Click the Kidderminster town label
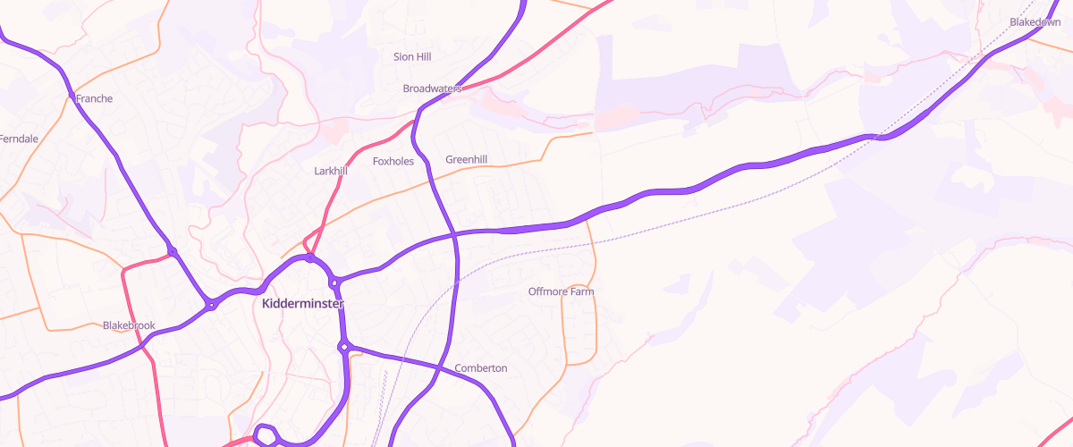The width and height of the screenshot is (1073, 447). [x=302, y=304]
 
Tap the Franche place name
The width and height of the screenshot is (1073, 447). [x=95, y=98]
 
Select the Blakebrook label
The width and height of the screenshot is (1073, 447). [x=129, y=325]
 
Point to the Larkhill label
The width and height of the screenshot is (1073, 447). [x=331, y=171]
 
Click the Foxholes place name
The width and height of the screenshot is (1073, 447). [x=393, y=162]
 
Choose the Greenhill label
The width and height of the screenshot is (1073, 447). [x=467, y=160]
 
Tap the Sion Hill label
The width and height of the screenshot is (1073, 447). [x=412, y=57]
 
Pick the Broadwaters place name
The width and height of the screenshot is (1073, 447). [x=432, y=89]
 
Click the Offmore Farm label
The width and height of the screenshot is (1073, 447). [x=561, y=291]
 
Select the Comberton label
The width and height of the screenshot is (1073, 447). [x=481, y=368]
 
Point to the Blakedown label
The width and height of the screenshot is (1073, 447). [x=1035, y=21]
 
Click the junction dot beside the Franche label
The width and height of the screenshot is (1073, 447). [x=71, y=94]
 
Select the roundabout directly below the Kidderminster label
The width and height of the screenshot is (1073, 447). [x=343, y=347]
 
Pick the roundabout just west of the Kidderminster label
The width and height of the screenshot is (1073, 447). [x=212, y=305]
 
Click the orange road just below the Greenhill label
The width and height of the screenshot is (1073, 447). [x=501, y=170]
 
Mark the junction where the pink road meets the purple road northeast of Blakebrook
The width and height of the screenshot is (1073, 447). [x=173, y=252]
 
